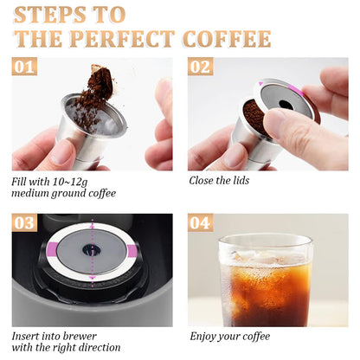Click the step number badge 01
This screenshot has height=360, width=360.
click(x=25, y=67)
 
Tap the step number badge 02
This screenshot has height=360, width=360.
click(x=200, y=67)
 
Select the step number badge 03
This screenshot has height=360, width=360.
click(x=25, y=223)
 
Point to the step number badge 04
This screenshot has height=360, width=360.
click(x=200, y=223)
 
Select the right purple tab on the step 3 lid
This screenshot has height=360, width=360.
click(x=132, y=251)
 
